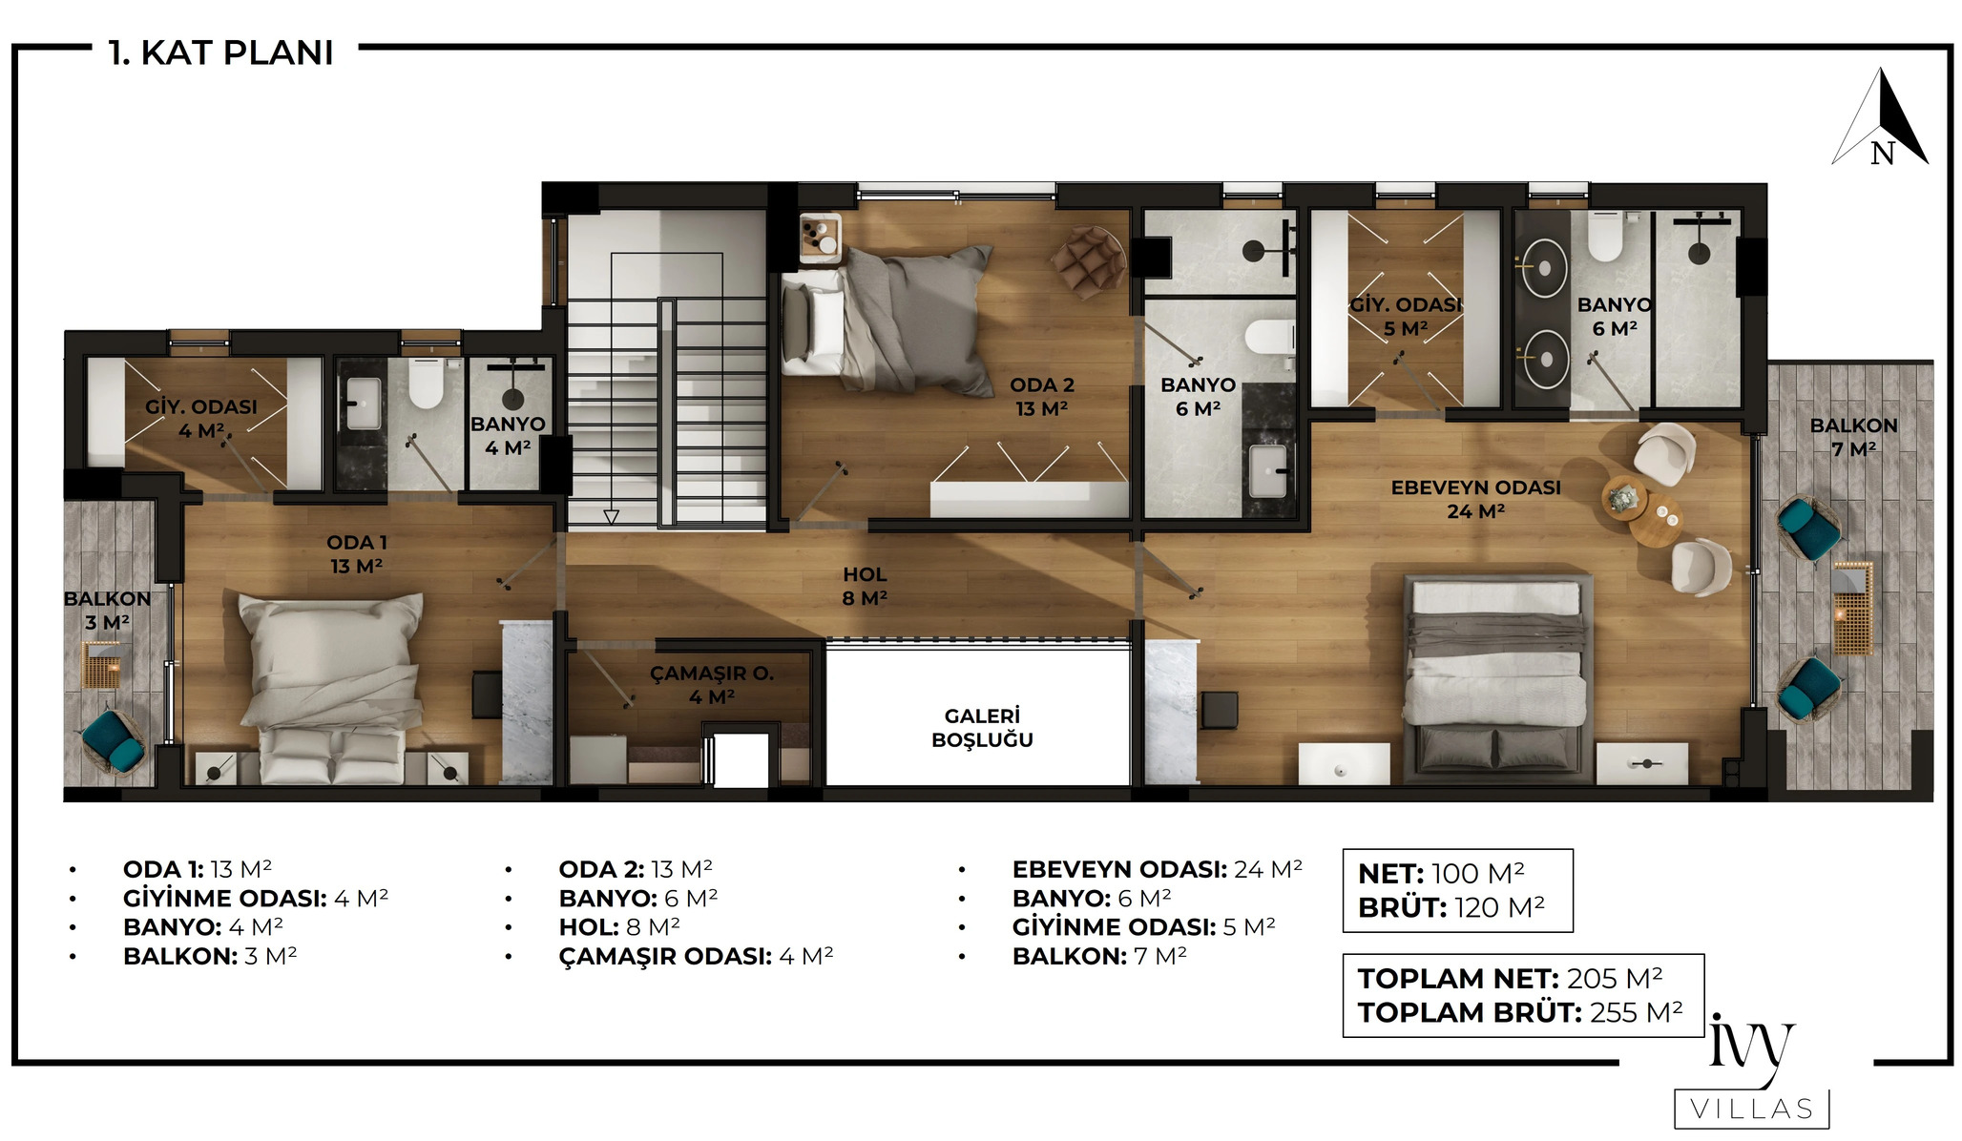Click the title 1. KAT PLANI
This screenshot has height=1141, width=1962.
click(x=221, y=52)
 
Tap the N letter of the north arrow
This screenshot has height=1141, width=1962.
click(x=1882, y=153)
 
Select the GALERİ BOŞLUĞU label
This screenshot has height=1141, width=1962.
click(x=982, y=728)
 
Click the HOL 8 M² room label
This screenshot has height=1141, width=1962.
click(x=865, y=587)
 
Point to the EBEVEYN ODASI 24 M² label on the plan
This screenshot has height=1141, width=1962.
click(x=1475, y=499)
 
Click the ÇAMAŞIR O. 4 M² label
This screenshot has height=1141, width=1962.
click(x=712, y=685)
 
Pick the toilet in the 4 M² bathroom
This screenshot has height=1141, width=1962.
click(x=427, y=383)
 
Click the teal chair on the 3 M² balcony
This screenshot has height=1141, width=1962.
click(x=114, y=739)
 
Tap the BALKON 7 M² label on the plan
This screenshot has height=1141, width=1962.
click(x=1853, y=437)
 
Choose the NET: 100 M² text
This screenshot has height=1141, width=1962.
click(x=1441, y=873)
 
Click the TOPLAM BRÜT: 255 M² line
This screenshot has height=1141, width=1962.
click(x=1520, y=1011)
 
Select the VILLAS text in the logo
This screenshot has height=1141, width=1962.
click(x=1752, y=1109)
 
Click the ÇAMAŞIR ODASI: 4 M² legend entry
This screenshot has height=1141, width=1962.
click(x=696, y=956)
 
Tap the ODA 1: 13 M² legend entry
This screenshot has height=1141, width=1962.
click(x=198, y=869)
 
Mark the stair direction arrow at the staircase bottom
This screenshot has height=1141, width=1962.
click(x=612, y=517)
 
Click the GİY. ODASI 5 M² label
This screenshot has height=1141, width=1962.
click(x=1406, y=317)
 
